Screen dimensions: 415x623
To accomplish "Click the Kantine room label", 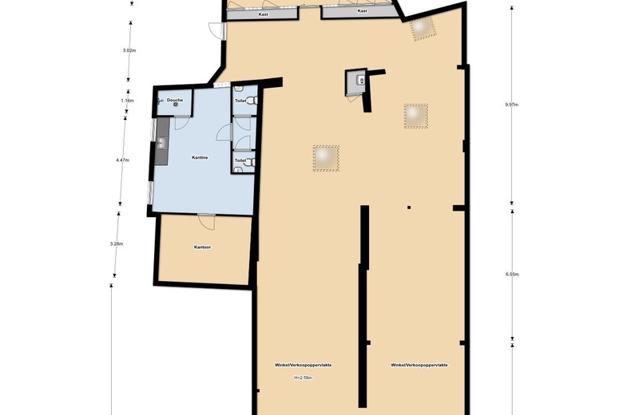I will [x=200, y=157].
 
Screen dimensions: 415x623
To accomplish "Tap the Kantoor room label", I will [x=203, y=247].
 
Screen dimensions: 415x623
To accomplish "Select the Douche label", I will [x=175, y=100].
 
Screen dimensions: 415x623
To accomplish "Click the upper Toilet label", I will [x=240, y=101].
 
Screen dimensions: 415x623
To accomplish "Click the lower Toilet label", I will [x=240, y=160].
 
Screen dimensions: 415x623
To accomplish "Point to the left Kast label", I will [x=263, y=14].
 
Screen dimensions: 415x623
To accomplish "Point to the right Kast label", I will [x=362, y=11].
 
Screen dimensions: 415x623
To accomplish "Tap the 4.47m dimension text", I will [x=122, y=160].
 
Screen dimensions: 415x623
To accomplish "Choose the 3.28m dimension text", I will [x=117, y=243].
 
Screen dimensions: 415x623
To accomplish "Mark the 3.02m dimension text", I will [x=129, y=50].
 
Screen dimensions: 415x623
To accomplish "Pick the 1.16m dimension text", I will [x=127, y=101].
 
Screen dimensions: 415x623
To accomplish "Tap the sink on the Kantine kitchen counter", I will [x=162, y=143].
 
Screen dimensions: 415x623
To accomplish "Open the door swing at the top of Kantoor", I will [x=206, y=219].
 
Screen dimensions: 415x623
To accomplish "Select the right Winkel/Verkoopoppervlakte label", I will [x=419, y=365].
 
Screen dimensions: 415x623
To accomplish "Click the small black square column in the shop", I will [x=409, y=207].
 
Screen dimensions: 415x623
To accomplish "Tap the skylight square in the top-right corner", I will [x=421, y=29].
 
